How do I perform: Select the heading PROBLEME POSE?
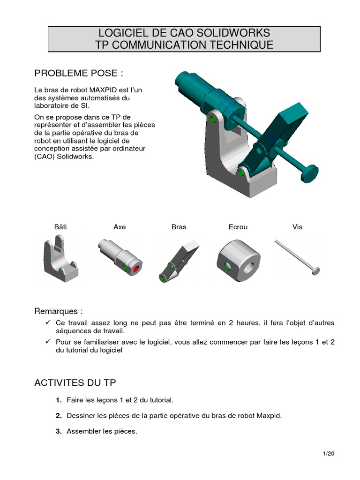coord(79,74)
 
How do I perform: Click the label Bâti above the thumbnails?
coord(60,227)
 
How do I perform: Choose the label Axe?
coord(120,227)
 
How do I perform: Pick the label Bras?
coord(179,227)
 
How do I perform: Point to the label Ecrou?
coord(238,227)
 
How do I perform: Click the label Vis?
coord(297,227)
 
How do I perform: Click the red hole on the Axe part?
coord(136,269)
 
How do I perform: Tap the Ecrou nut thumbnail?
coord(239,261)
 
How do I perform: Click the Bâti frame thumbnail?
coord(60,259)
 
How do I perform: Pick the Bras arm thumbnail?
coord(179,261)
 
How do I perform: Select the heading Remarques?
coord(59,311)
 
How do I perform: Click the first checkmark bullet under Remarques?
coord(48,322)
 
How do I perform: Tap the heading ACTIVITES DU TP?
coord(75,382)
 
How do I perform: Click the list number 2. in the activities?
coord(59,416)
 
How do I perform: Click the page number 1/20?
coord(329,454)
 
